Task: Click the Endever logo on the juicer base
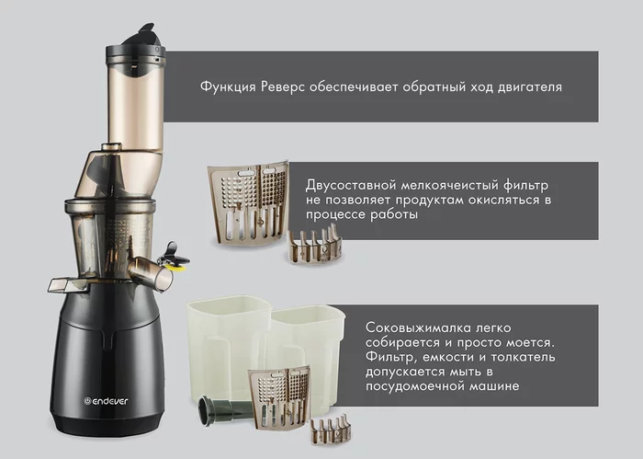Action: tap(106, 401)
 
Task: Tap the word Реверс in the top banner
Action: tap(283, 87)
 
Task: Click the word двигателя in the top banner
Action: tap(529, 87)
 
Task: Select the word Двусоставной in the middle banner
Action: tap(351, 186)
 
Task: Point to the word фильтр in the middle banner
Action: tap(525, 186)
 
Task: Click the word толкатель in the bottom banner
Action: tap(523, 357)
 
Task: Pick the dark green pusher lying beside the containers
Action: tap(225, 410)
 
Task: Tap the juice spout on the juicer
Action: tap(151, 273)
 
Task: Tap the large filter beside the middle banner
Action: tap(249, 203)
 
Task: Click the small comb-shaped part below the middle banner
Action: tap(315, 245)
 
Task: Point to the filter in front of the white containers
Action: tap(279, 397)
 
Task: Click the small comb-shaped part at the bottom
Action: tap(332, 430)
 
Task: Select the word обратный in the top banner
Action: tap(436, 87)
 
